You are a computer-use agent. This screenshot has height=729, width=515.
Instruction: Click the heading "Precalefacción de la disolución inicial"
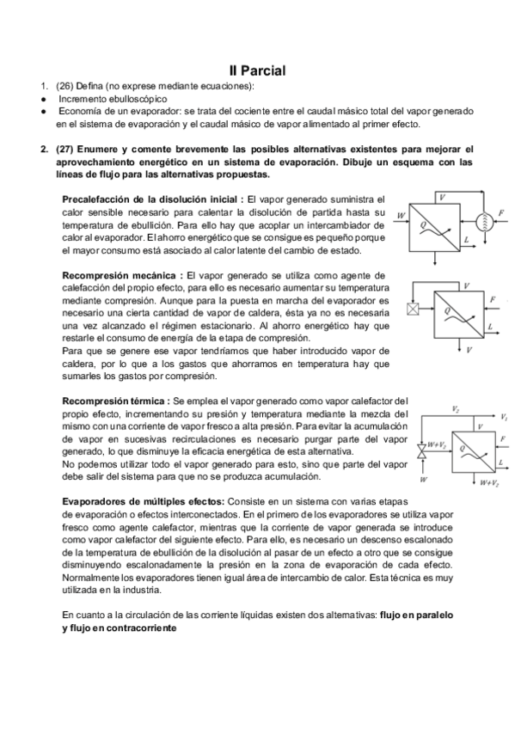(x=151, y=199)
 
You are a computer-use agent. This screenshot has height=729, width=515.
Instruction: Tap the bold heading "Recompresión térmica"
(x=116, y=401)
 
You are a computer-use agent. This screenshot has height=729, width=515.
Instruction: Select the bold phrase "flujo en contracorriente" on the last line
(x=119, y=628)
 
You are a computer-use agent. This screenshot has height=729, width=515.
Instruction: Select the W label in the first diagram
(x=400, y=215)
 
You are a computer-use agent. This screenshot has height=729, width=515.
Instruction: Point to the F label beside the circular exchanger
(x=502, y=211)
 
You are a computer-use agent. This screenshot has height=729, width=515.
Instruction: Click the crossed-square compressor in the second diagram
(x=413, y=307)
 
